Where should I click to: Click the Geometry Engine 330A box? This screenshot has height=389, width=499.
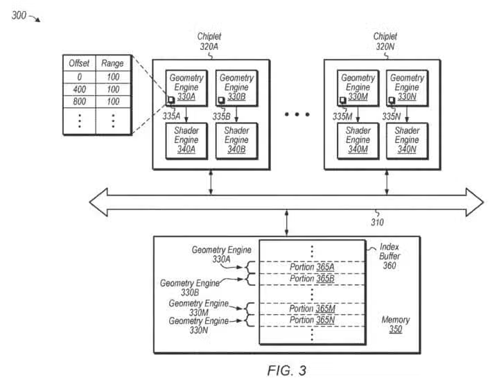[x=186, y=87]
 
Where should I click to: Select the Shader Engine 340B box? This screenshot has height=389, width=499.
[x=236, y=140]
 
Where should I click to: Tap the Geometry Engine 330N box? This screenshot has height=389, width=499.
[x=407, y=87]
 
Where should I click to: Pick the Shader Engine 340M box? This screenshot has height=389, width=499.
[x=358, y=140]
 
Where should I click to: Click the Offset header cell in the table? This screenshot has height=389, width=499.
[x=79, y=63]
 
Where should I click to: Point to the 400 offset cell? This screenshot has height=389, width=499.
[x=79, y=89]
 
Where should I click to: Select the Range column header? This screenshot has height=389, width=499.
[x=112, y=63]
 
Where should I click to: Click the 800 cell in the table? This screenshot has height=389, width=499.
[x=79, y=102]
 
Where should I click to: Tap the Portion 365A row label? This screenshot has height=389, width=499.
[x=311, y=268]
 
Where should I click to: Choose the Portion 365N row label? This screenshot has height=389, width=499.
[x=311, y=320]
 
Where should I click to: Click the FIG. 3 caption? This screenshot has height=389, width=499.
[x=286, y=370]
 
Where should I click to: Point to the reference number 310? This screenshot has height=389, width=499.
[x=377, y=223]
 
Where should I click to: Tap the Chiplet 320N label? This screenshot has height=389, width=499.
[x=385, y=42]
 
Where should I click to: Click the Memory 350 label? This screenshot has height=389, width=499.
[x=395, y=325]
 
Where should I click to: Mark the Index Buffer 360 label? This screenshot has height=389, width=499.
[x=389, y=256]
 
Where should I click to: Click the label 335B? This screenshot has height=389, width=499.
[x=221, y=116]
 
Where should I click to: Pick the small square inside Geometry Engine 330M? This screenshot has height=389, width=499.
[x=343, y=101]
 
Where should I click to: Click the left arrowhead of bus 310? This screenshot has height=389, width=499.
[x=97, y=201]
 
